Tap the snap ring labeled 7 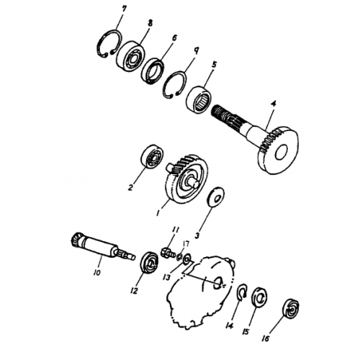108,45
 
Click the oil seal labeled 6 153,69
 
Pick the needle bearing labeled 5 199,98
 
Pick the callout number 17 186,244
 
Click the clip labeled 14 243,292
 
